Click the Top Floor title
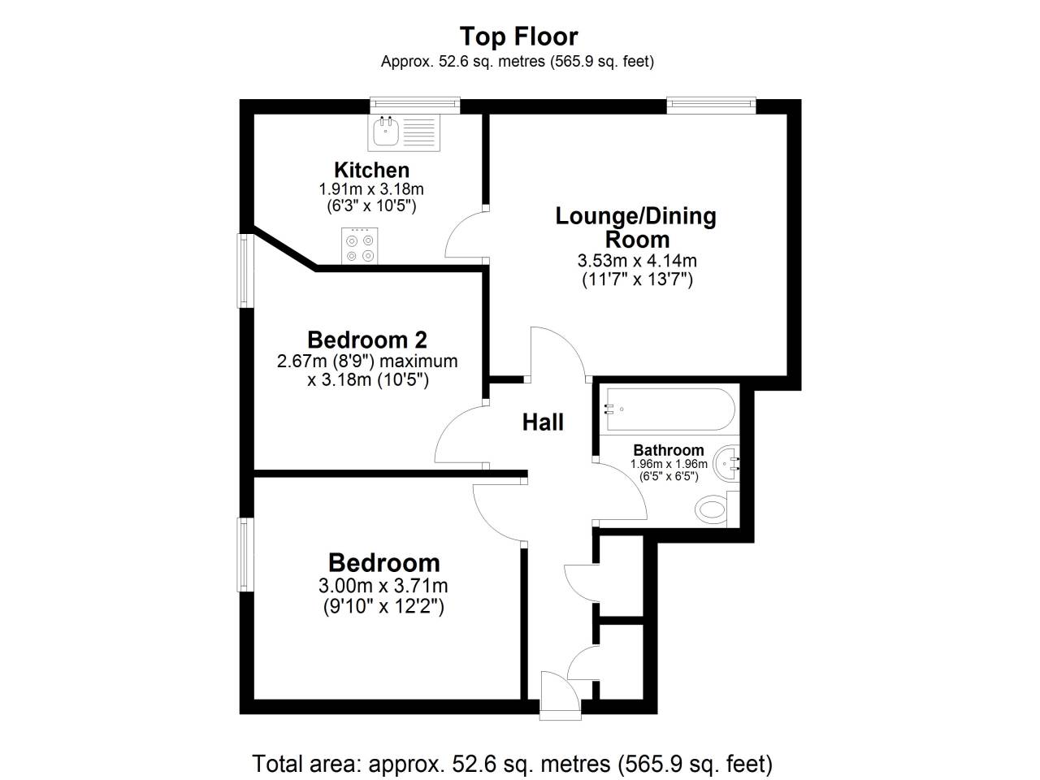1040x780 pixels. tap(518, 37)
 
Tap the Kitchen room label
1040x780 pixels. tap(371, 170)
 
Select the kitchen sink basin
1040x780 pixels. tap(385, 132)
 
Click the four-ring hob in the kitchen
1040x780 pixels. tap(360, 245)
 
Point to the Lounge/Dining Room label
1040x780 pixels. tap(636, 227)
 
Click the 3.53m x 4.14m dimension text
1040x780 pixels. tap(637, 261)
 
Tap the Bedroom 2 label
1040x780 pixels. tap(367, 340)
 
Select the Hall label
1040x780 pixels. tap(543, 422)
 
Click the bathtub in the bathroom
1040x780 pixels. tap(670, 409)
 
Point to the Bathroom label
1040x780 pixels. tap(668, 450)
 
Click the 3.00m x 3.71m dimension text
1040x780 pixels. tap(383, 587)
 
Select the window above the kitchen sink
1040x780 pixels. tap(415, 105)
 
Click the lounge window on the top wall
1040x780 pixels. tap(711, 105)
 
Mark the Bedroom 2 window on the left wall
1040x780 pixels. tap(245, 271)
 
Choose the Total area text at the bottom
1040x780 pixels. tap(513, 764)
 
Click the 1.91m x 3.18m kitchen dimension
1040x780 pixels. tap(371, 189)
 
